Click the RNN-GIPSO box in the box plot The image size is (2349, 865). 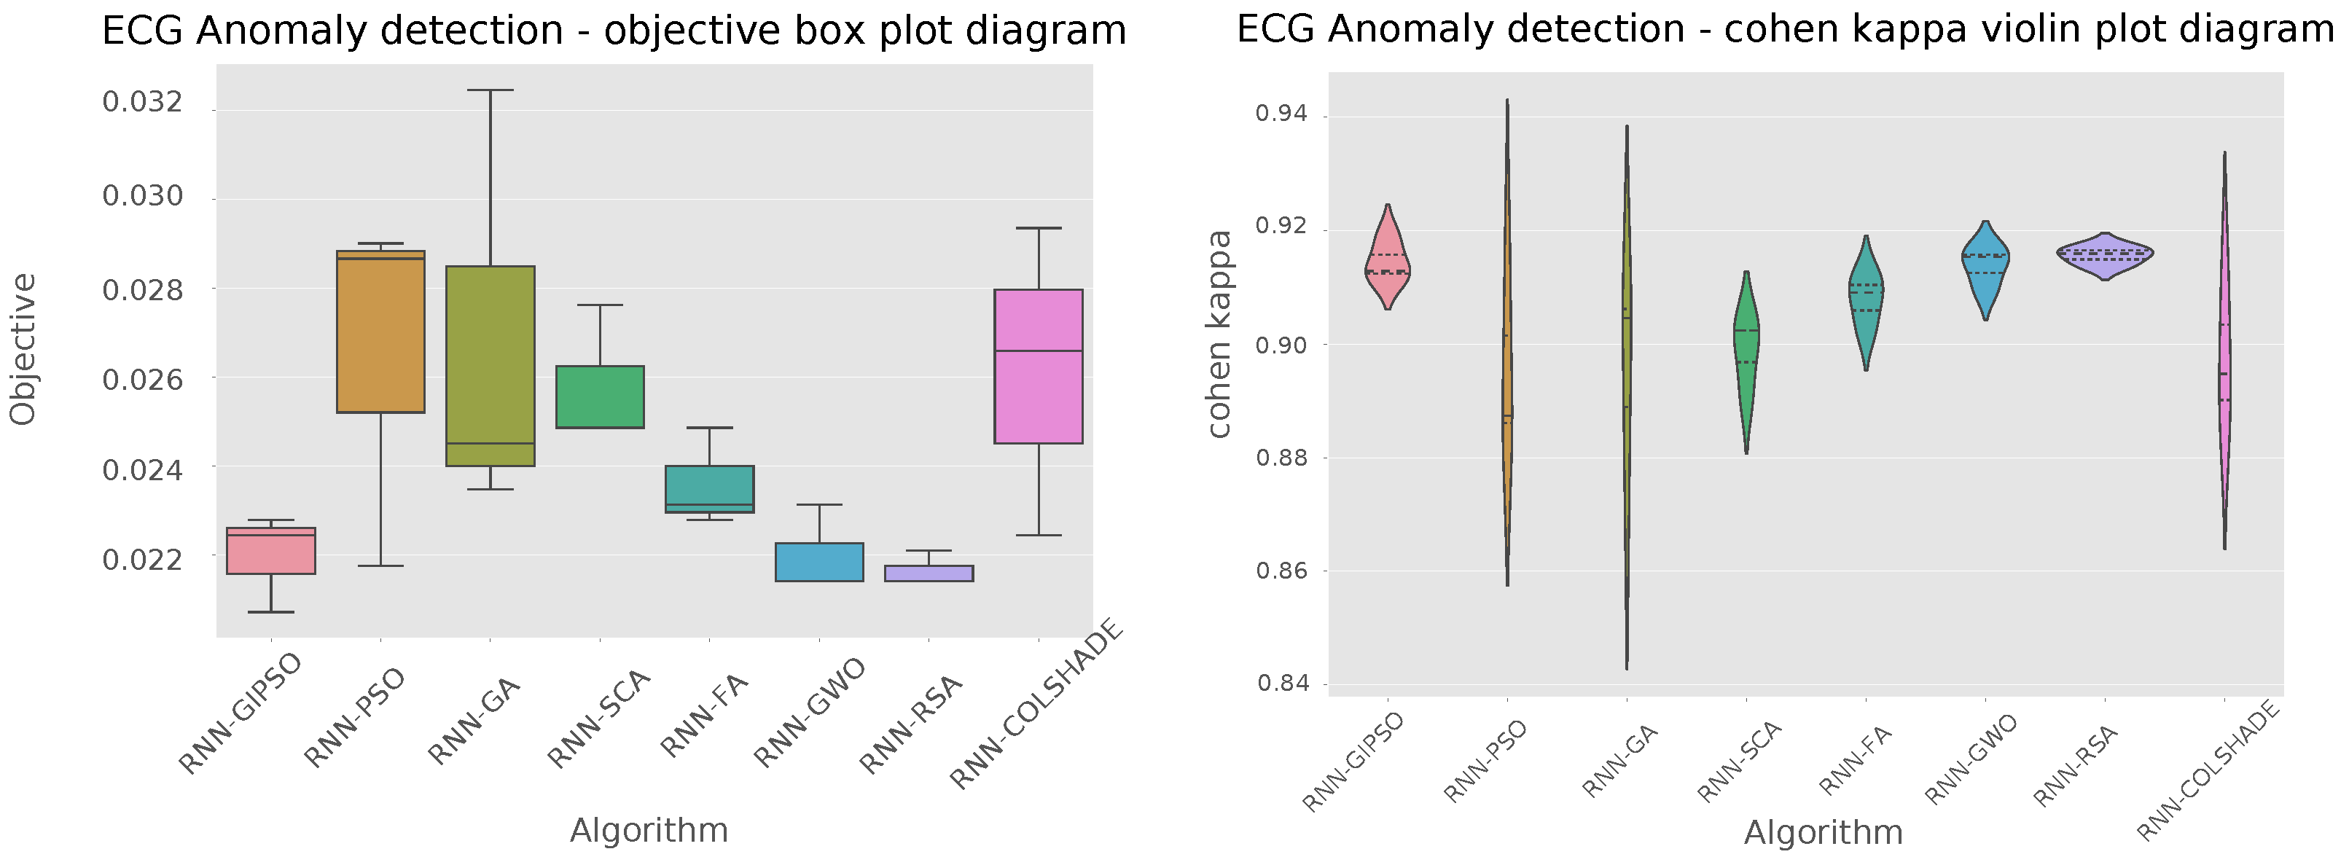coord(271,550)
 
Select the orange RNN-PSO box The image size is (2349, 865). coord(380,333)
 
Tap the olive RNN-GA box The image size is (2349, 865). coord(490,364)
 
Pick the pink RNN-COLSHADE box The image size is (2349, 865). coord(1038,367)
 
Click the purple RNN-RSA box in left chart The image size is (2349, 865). coord(929,574)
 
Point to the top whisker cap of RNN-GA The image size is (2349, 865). coord(490,90)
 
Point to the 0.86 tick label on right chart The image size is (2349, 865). coord(1281,571)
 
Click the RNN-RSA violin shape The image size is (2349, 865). coord(2105,255)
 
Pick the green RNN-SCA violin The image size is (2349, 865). coord(1746,356)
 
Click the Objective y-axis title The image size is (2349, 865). coord(24,349)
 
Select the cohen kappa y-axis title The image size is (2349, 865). coord(1219,334)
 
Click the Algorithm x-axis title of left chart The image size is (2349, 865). coord(649,830)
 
